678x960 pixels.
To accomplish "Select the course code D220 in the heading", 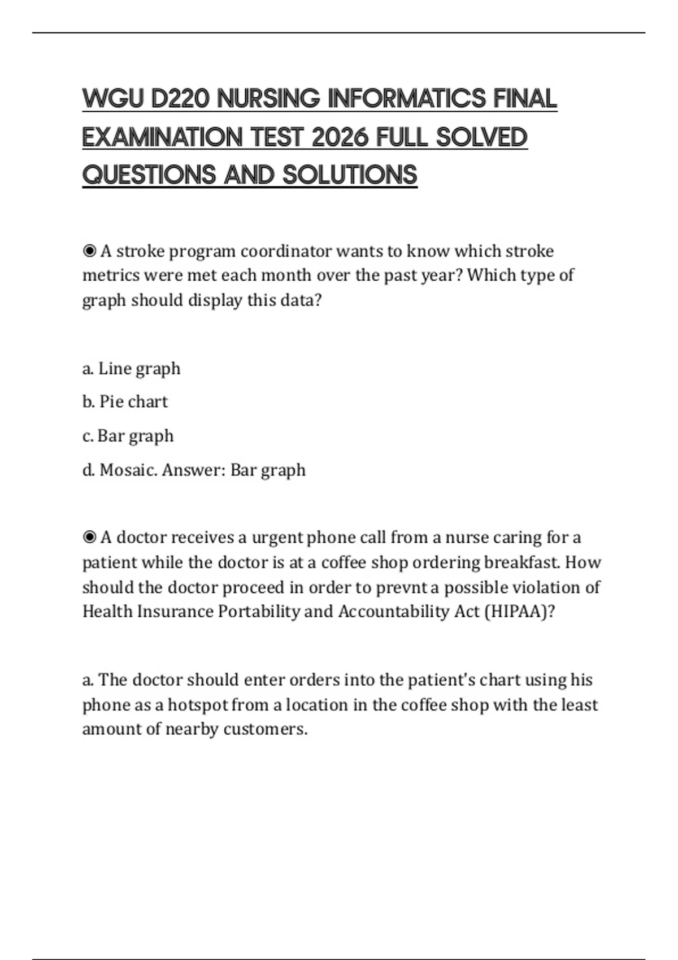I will (x=180, y=99).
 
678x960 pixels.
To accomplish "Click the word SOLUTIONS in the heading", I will (x=350, y=175).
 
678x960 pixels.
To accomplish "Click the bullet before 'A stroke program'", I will (x=89, y=251).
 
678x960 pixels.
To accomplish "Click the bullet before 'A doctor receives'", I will (x=89, y=537).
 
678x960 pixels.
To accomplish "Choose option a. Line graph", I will (x=131, y=369).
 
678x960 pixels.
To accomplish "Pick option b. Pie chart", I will (x=125, y=402).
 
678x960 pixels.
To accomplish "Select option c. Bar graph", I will (x=128, y=436).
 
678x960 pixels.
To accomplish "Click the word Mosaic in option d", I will (x=128, y=470).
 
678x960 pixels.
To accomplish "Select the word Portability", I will (x=259, y=612).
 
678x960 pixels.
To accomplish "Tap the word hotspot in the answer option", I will (x=198, y=705).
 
